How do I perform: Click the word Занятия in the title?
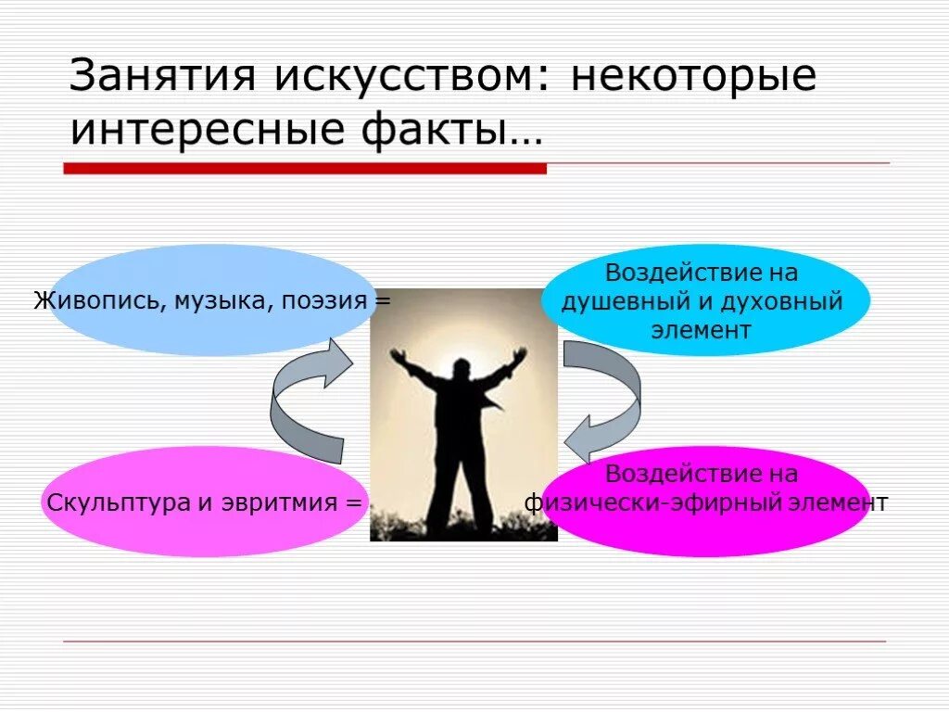tap(161, 76)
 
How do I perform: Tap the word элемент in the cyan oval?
tap(702, 330)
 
